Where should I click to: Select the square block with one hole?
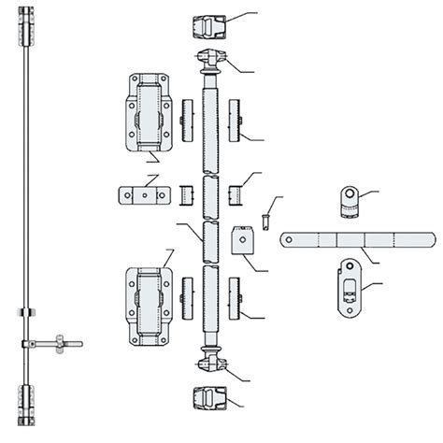click(244, 241)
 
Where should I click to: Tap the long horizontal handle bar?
click(360, 237)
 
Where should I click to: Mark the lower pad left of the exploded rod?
click(187, 298)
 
